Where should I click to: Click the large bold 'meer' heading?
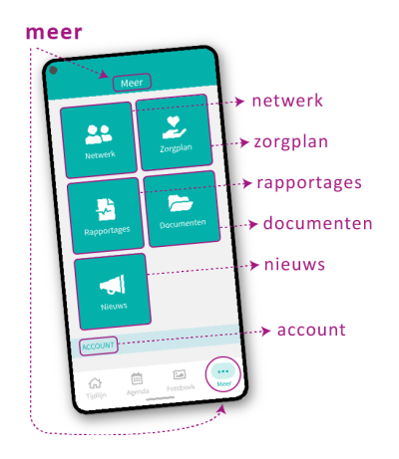[54, 33]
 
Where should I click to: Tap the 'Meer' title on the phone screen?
[132, 83]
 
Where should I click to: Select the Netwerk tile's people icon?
[99, 134]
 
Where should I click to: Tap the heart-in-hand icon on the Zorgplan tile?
[174, 127]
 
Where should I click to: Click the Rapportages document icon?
[106, 209]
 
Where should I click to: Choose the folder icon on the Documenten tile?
[181, 203]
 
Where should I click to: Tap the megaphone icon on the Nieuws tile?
[113, 285]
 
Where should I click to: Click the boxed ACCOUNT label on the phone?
[99, 346]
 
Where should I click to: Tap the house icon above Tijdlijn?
[95, 383]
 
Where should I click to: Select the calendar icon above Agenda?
[137, 378]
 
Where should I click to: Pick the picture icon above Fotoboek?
[180, 375]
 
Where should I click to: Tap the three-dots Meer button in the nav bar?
[223, 374]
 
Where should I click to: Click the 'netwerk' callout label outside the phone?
[287, 101]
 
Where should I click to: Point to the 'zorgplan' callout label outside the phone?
[291, 143]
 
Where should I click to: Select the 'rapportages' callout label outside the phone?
[309, 183]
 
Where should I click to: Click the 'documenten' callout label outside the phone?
[318, 223]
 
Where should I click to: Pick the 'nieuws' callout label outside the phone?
[294, 265]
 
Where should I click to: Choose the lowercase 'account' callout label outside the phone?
[311, 330]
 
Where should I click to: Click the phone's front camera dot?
[53, 70]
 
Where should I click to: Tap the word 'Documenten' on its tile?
[183, 224]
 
